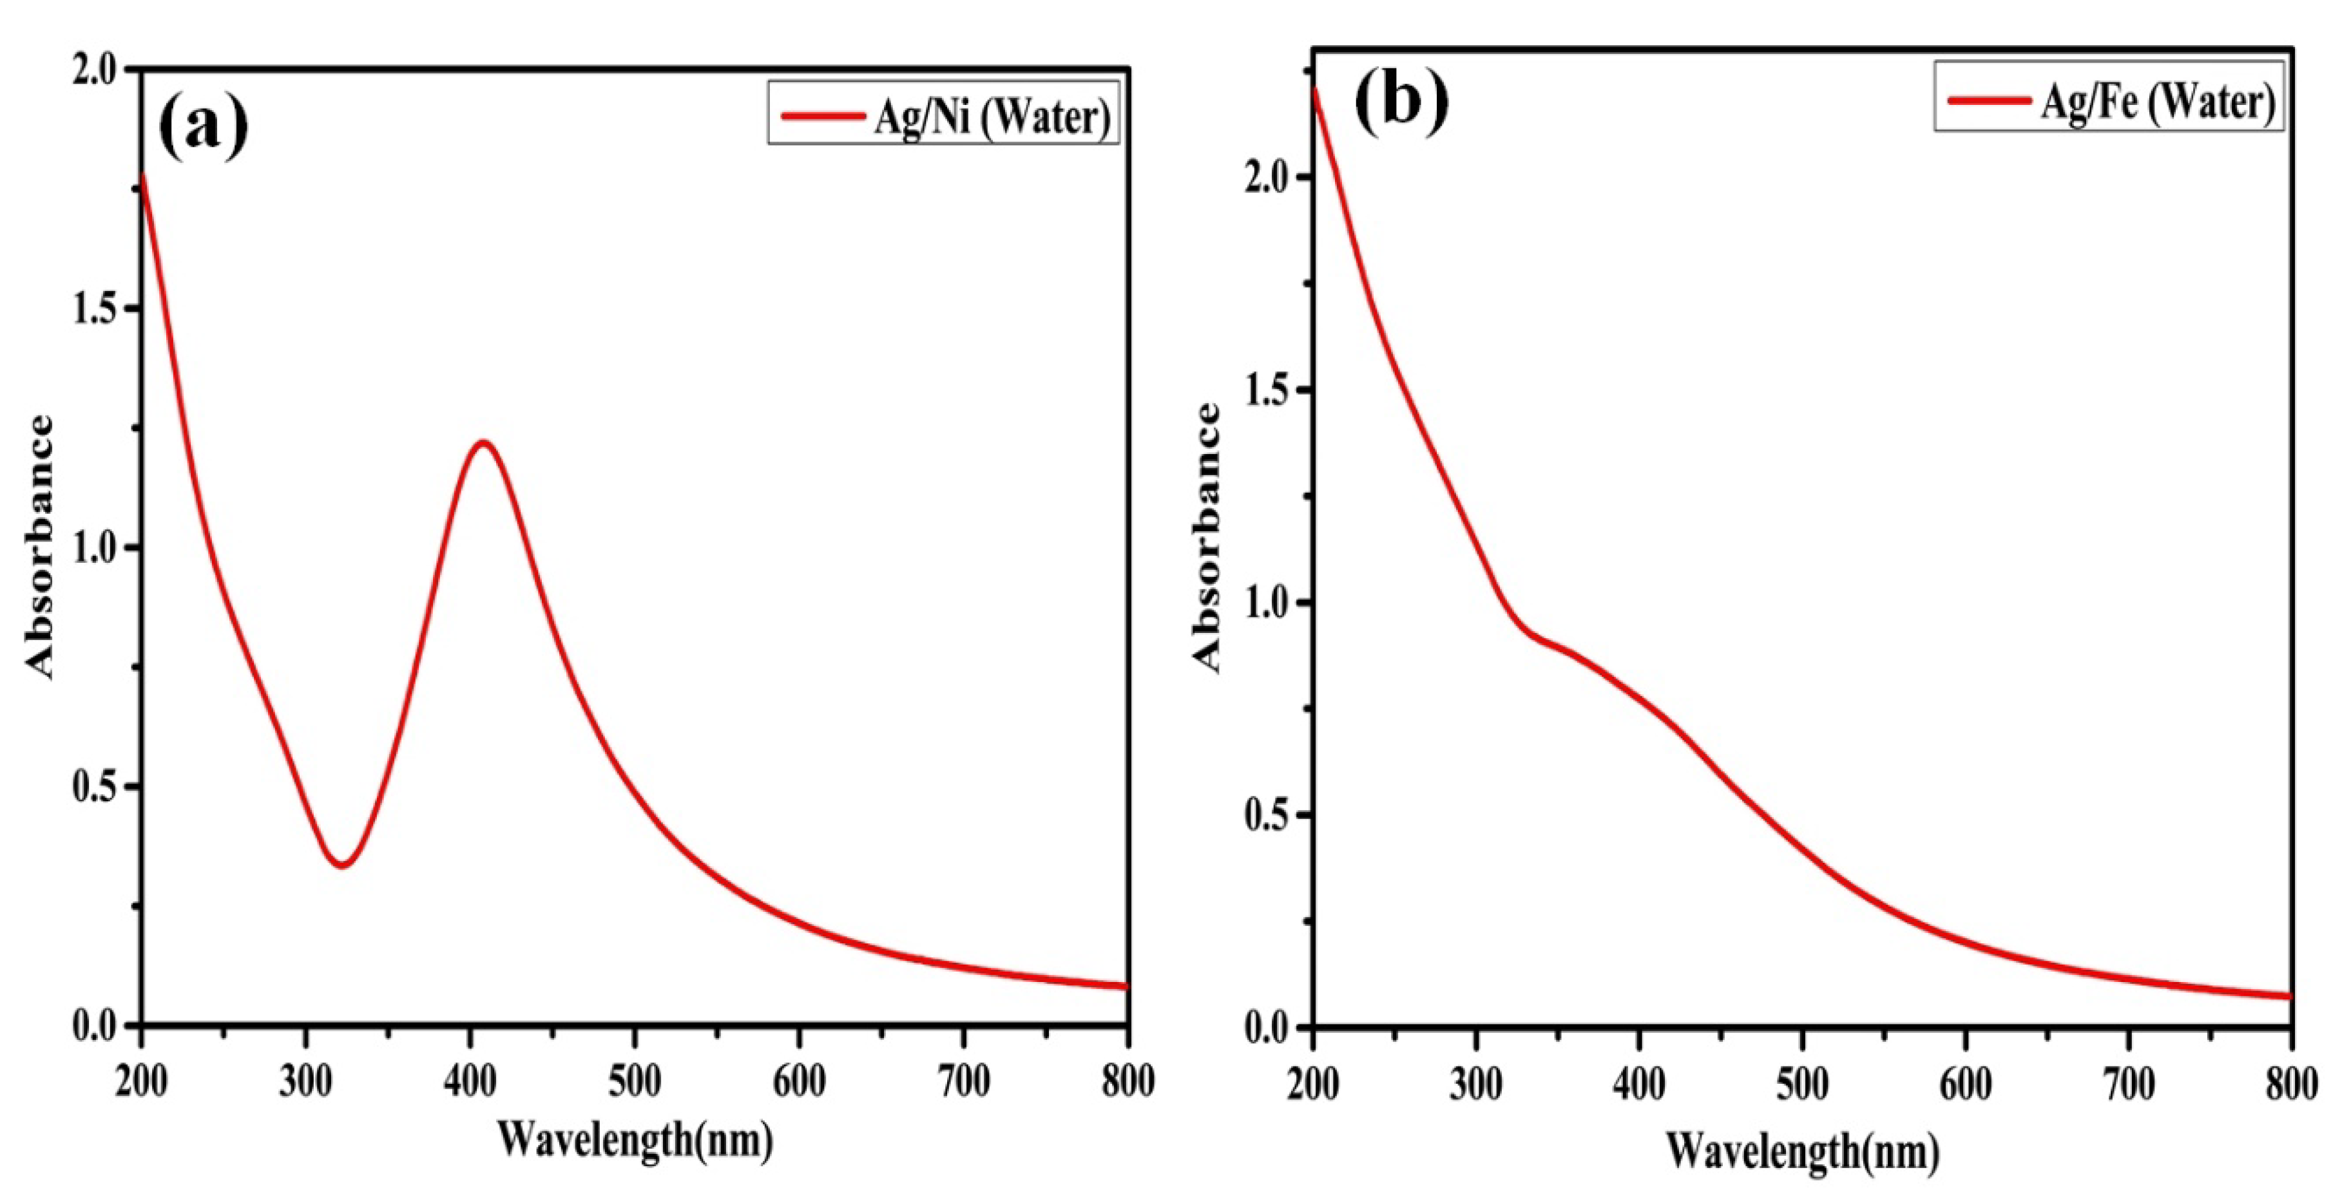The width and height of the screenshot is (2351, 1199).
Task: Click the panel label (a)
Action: (x=202, y=127)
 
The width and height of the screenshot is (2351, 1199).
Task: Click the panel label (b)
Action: (x=1401, y=103)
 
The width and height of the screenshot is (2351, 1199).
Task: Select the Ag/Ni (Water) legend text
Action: (x=992, y=117)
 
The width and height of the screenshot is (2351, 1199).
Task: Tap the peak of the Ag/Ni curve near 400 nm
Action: (x=482, y=444)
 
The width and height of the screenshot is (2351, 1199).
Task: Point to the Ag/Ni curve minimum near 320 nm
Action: (x=341, y=864)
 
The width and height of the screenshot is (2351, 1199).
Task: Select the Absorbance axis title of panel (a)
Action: (x=39, y=547)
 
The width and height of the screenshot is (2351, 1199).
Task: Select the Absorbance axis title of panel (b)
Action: (x=1207, y=538)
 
